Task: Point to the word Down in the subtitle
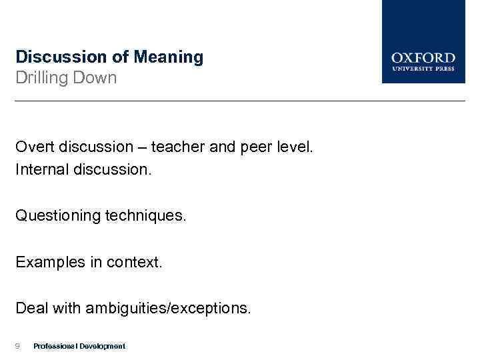point(97,78)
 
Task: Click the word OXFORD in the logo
point(423,58)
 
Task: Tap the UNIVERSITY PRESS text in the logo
point(423,68)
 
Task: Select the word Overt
point(35,147)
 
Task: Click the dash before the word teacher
point(142,147)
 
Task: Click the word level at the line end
point(294,147)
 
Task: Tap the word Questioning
point(58,216)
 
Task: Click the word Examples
point(47,262)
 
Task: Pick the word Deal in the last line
point(31,308)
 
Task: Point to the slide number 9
point(18,346)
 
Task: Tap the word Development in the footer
point(101,346)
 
